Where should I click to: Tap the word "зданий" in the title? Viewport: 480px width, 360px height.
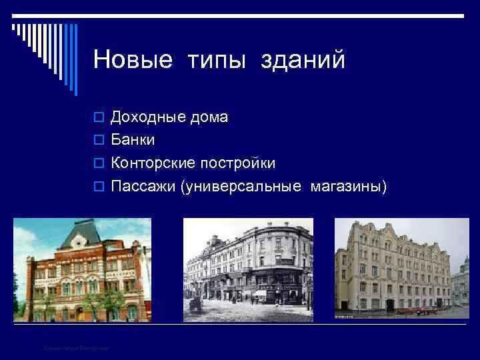point(307,60)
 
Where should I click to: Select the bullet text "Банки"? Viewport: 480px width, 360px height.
point(133,140)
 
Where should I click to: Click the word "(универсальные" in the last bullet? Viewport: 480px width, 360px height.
point(241,185)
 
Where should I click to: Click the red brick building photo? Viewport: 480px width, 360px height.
point(82,270)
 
